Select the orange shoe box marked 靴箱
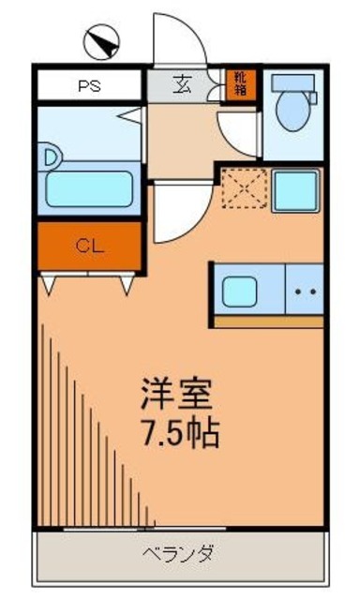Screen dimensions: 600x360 240,84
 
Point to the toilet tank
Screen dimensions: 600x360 293,82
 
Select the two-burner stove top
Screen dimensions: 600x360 304,291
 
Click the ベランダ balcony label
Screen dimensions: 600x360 180,553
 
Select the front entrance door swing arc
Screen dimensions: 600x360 179,39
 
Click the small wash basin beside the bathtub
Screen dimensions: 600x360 49,156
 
